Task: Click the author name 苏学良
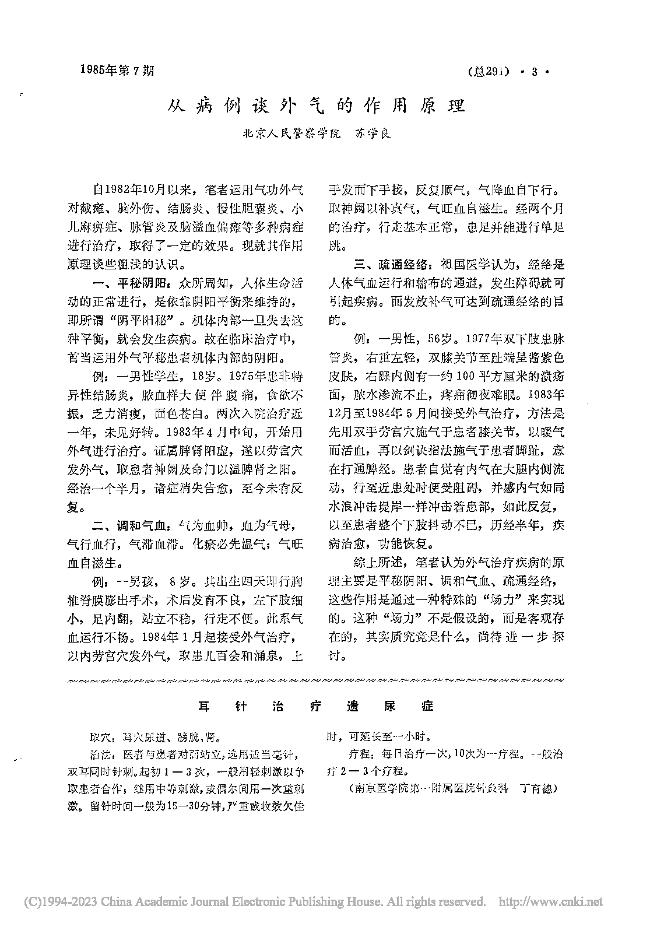click(368, 133)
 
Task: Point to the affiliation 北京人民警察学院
click(284, 133)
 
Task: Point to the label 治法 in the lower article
click(94, 755)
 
